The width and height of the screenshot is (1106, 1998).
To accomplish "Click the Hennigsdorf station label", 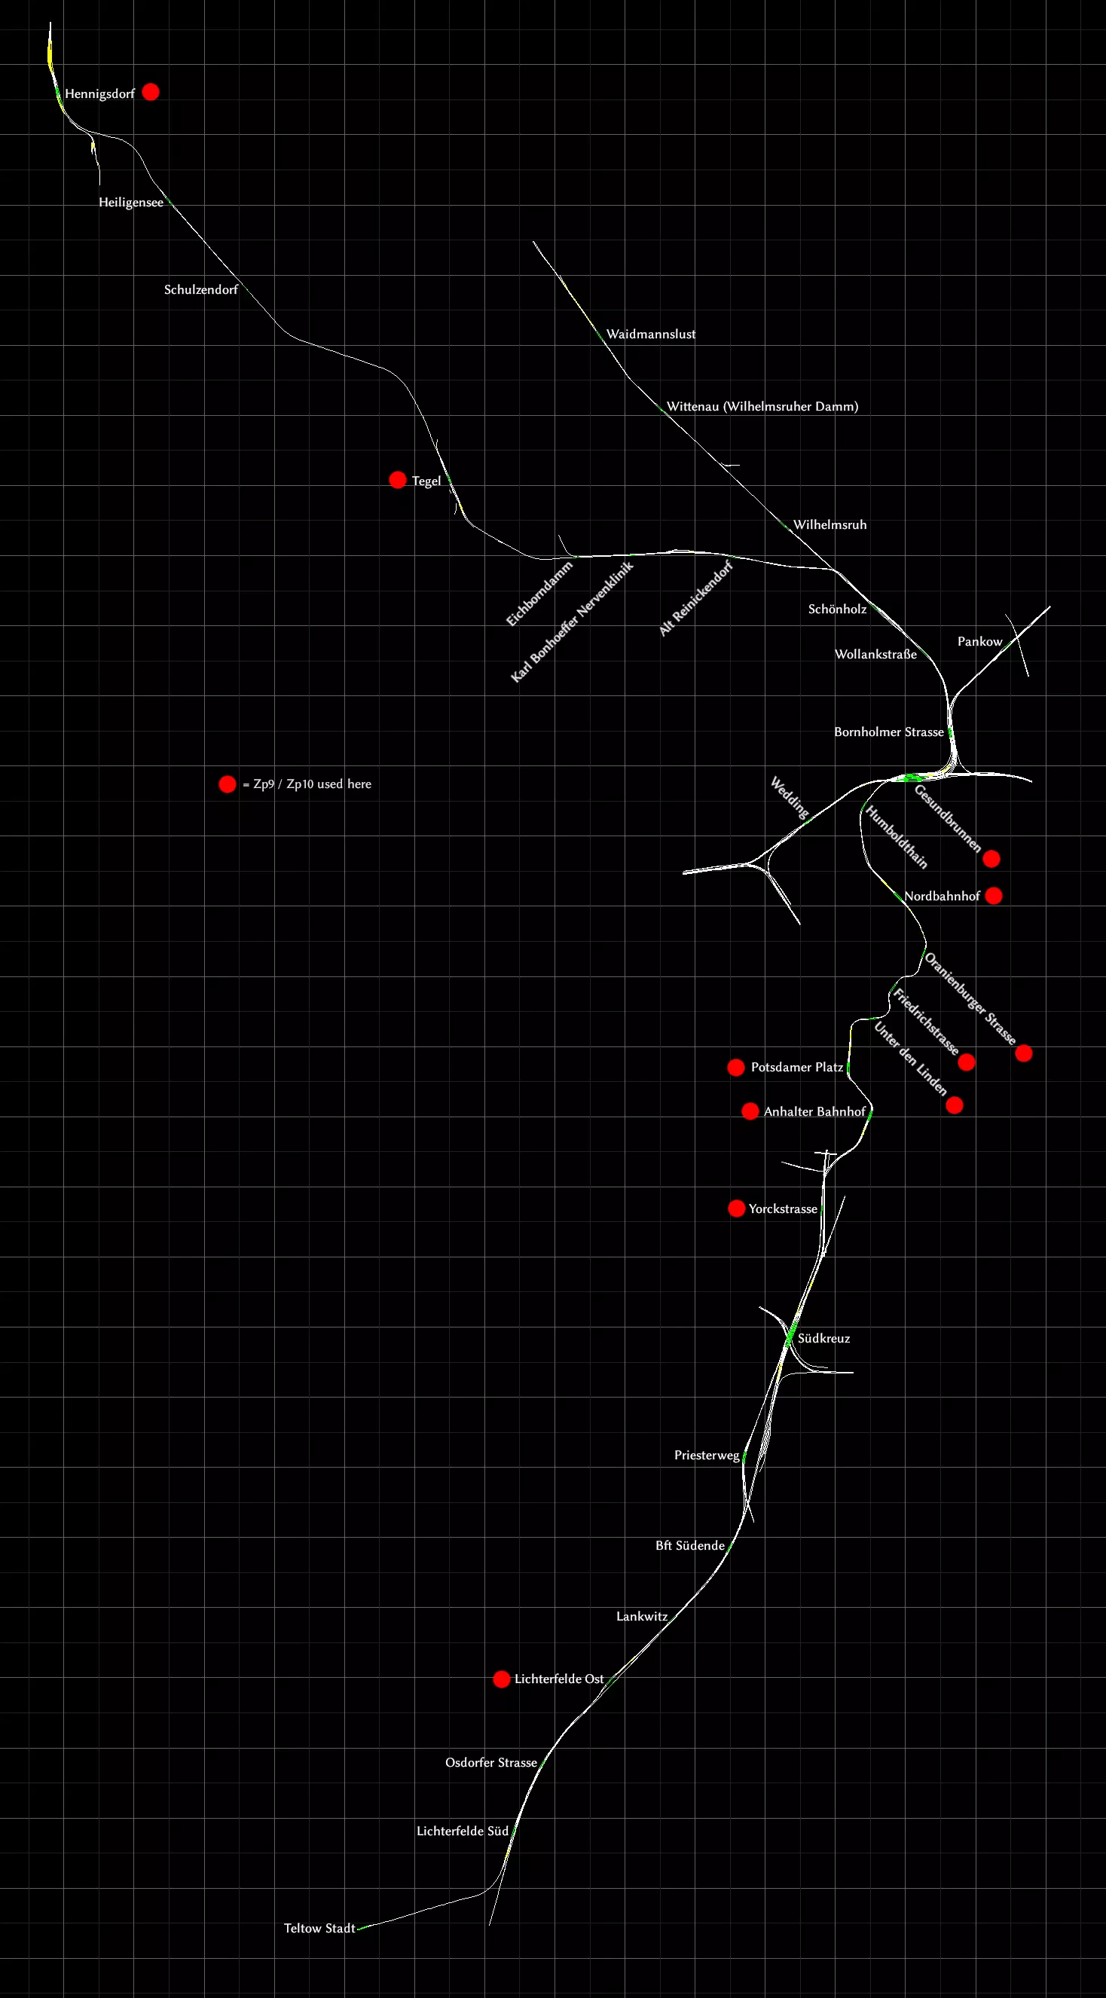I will (x=99, y=94).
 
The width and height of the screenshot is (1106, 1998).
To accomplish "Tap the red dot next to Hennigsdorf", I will (x=151, y=93).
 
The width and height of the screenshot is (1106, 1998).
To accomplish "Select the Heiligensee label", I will (x=130, y=203).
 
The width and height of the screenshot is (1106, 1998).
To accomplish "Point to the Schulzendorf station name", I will (x=201, y=289).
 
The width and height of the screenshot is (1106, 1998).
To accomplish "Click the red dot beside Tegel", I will (x=397, y=480).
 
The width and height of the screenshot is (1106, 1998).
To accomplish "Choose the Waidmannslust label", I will (x=651, y=335).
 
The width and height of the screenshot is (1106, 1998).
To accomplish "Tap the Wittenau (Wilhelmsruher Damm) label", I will (x=762, y=406).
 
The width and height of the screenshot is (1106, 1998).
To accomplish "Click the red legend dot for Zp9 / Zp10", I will (x=228, y=784).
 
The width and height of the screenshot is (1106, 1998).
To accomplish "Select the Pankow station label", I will (x=979, y=641).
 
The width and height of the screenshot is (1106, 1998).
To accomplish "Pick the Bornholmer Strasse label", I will (x=889, y=732).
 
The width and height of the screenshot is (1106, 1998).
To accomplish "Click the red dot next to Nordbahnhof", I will (x=994, y=896).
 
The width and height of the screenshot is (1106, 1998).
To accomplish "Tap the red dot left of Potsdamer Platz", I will (x=736, y=1068).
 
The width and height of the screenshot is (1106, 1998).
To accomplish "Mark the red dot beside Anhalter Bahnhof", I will (x=750, y=1111).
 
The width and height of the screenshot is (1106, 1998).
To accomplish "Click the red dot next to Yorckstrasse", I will (x=737, y=1208).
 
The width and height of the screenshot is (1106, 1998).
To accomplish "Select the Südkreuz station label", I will (x=823, y=1338).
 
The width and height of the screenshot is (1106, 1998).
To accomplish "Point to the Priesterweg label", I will (x=707, y=1455).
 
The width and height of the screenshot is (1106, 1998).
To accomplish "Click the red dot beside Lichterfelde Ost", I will (x=502, y=1679).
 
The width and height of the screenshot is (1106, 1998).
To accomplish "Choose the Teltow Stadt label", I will (x=319, y=1928).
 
